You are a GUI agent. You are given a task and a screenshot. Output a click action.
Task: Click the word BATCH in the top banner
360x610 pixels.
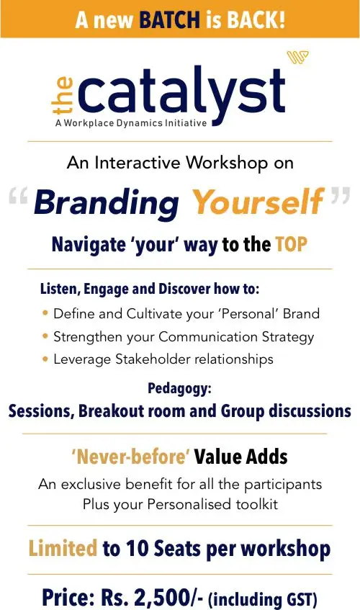(x=169, y=19)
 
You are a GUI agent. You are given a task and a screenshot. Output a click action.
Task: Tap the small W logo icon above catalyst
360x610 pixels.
(x=297, y=57)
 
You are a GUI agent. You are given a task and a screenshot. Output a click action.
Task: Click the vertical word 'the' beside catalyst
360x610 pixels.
(x=63, y=95)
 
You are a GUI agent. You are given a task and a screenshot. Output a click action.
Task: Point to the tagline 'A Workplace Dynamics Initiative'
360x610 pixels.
(x=131, y=123)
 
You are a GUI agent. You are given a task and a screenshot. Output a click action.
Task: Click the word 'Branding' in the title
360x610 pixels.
(x=106, y=202)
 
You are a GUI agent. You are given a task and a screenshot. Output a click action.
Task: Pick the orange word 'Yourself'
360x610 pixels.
(x=258, y=201)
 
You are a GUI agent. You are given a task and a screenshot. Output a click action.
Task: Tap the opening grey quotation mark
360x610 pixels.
(x=18, y=195)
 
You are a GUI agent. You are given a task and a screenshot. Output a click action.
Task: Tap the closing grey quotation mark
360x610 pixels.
(x=340, y=195)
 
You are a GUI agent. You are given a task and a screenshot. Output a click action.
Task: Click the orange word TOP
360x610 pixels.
(x=291, y=244)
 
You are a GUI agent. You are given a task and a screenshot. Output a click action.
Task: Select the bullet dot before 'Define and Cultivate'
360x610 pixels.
(x=45, y=313)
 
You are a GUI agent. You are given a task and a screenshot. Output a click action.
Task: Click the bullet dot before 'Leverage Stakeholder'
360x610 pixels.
(x=45, y=359)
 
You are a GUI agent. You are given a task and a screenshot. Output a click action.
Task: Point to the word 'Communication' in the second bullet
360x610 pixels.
(x=207, y=336)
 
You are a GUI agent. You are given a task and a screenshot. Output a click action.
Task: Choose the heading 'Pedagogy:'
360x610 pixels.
(x=179, y=389)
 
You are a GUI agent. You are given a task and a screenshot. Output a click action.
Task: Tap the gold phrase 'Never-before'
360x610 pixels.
(x=130, y=457)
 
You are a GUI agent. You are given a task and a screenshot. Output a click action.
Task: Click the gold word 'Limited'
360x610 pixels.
(x=63, y=548)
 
